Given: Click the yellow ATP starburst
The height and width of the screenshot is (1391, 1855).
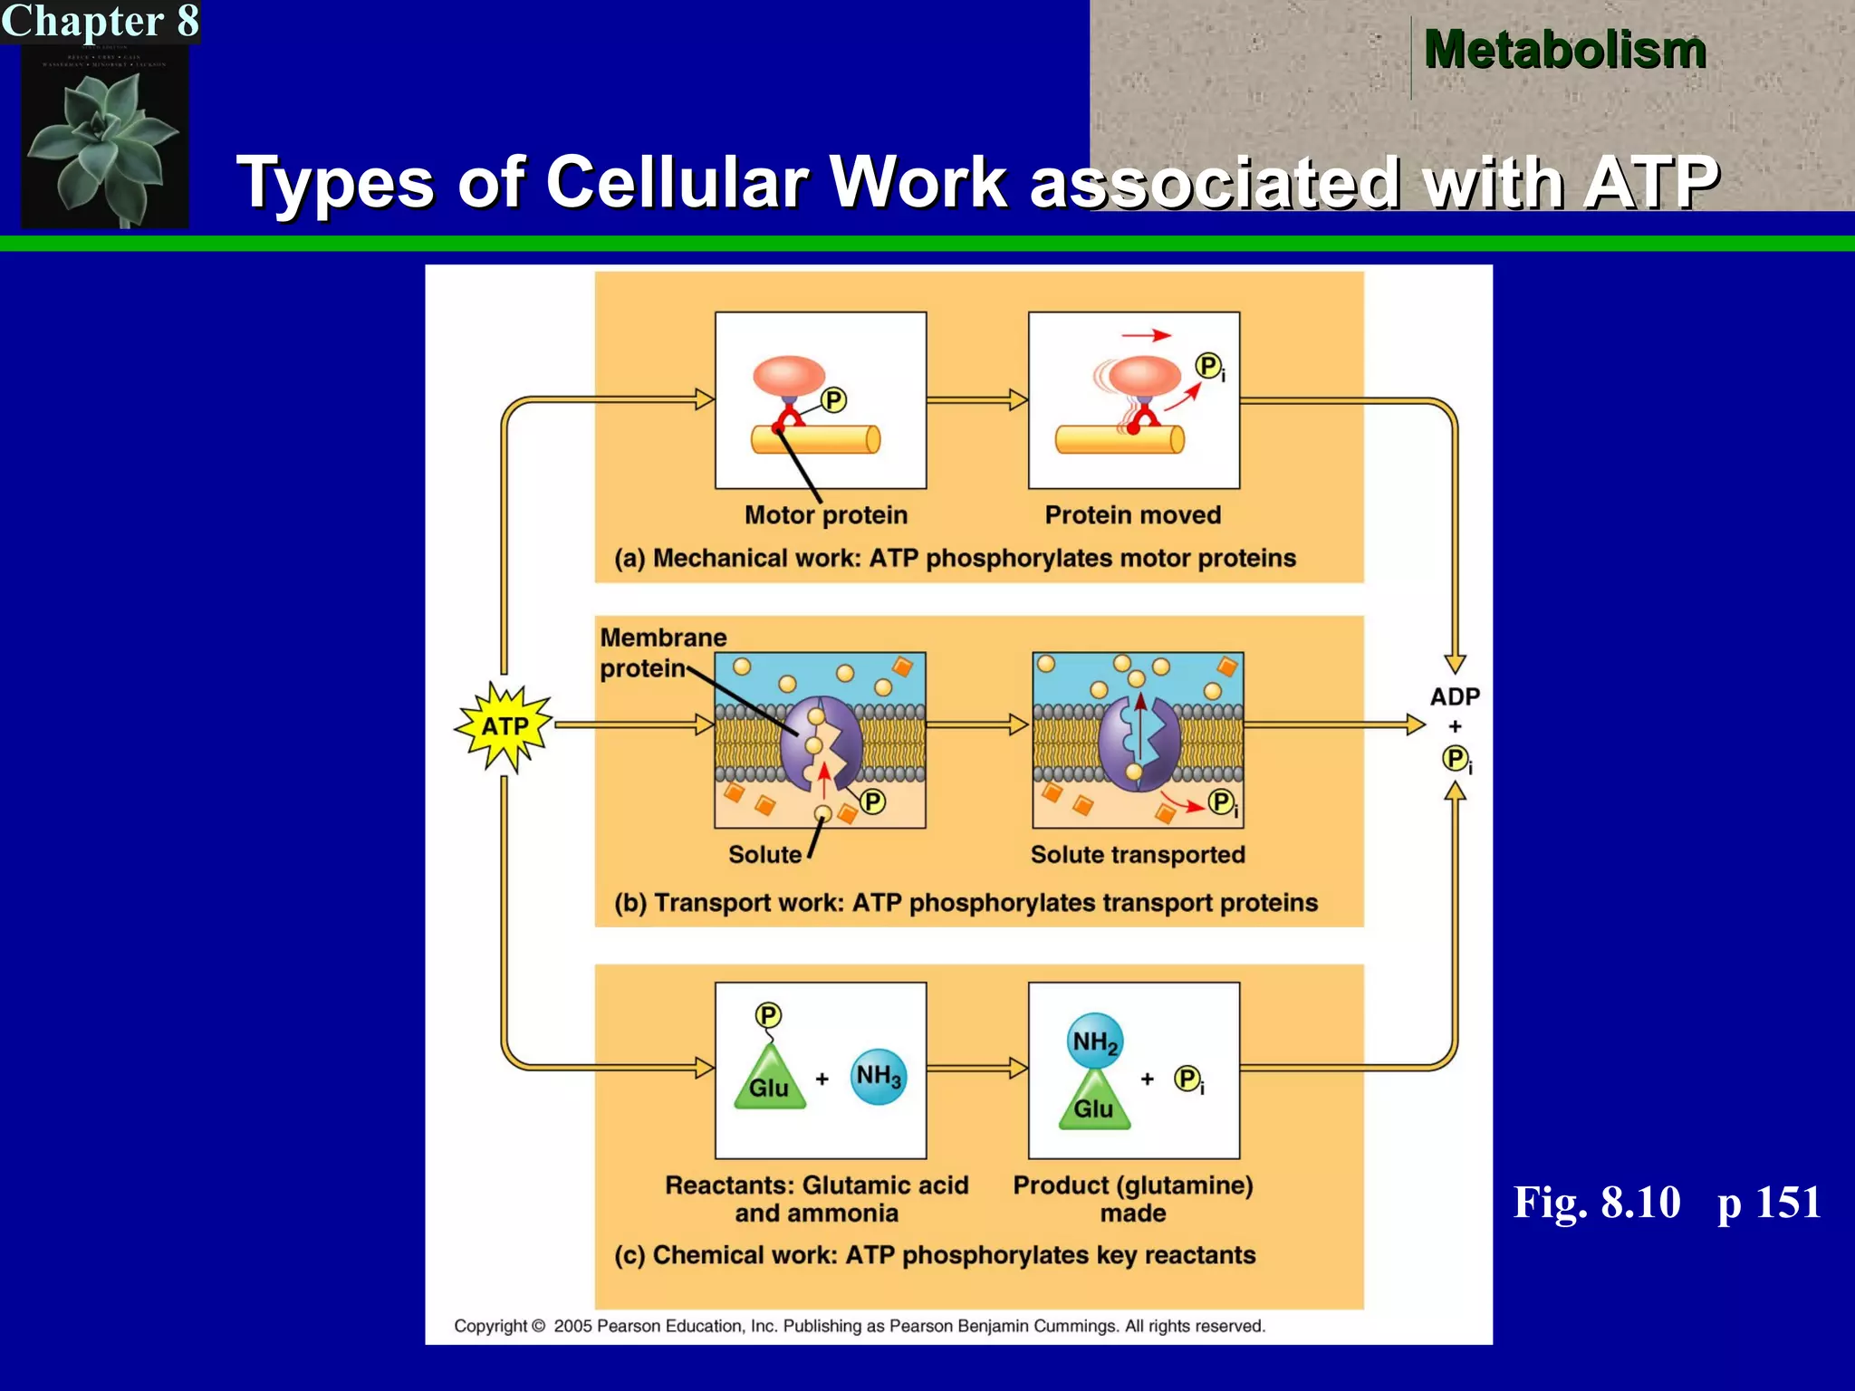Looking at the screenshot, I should click(505, 726).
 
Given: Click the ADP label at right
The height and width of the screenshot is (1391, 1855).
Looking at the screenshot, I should click(1455, 696).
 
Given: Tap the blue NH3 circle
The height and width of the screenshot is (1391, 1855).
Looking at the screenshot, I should click(878, 1076).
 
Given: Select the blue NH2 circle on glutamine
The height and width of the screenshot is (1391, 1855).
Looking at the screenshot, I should click(1094, 1041).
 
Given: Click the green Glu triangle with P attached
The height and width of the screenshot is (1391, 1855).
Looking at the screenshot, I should click(769, 1079).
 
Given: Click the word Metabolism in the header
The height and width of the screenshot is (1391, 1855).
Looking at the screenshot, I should click(1564, 50).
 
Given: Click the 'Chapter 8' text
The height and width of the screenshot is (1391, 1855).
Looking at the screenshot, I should click(100, 22).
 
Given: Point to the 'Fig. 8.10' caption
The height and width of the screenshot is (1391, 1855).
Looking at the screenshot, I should click(1596, 1203).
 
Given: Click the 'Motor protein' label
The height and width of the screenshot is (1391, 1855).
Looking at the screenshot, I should click(825, 515).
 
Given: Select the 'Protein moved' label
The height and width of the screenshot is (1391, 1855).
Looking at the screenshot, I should click(1132, 515).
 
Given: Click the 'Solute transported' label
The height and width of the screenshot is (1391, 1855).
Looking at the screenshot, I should click(1138, 855).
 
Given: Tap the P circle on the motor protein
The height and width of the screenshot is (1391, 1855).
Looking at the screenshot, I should click(833, 400).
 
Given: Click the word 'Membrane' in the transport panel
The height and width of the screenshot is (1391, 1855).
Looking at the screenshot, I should click(663, 638).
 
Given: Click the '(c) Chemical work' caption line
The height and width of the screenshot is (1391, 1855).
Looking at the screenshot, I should click(935, 1255).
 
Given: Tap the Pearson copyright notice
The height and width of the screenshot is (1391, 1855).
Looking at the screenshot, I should click(859, 1326).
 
